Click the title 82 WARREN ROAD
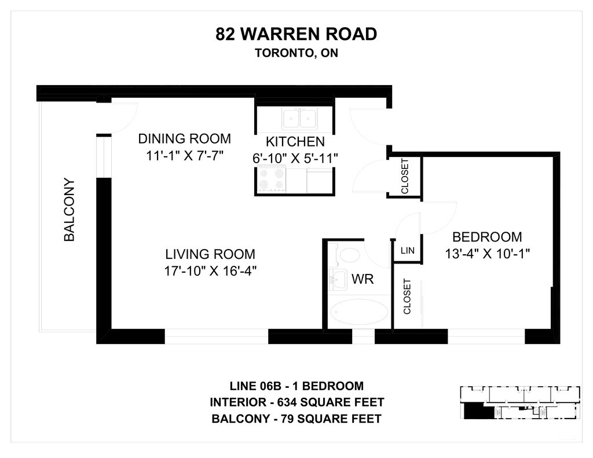pyautogui.click(x=296, y=34)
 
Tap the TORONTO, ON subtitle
pyautogui.click(x=296, y=53)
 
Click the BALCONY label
pyautogui.click(x=69, y=210)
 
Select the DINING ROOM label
pyautogui.click(x=184, y=139)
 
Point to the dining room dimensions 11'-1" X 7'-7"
pyautogui.click(x=185, y=155)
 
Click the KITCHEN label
pyautogui.click(x=295, y=142)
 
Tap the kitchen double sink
pyautogui.click(x=299, y=118)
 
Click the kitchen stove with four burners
pyautogui.click(x=270, y=179)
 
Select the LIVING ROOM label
pyautogui.click(x=210, y=254)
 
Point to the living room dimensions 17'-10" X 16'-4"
pyautogui.click(x=210, y=271)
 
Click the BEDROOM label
pyautogui.click(x=487, y=237)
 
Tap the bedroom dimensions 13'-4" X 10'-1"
pyautogui.click(x=487, y=254)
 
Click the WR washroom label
pyautogui.click(x=363, y=279)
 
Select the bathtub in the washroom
pyautogui.click(x=359, y=312)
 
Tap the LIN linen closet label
pyautogui.click(x=407, y=250)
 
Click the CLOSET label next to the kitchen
pyautogui.click(x=405, y=176)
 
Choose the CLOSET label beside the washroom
pyautogui.click(x=407, y=296)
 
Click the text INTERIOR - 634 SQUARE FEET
pyautogui.click(x=297, y=402)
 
